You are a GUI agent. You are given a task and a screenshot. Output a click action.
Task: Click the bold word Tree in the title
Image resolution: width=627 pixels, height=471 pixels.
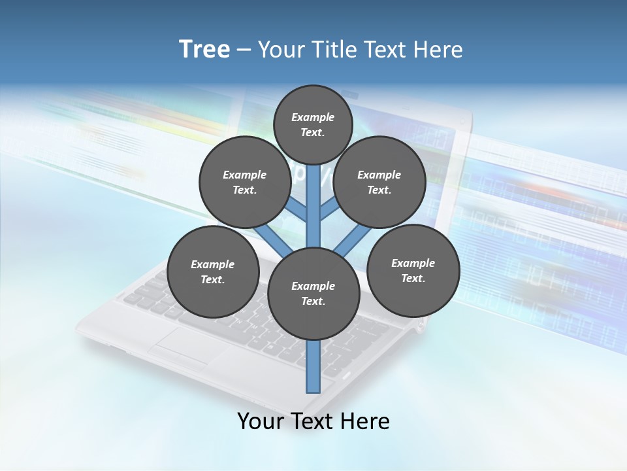(x=204, y=49)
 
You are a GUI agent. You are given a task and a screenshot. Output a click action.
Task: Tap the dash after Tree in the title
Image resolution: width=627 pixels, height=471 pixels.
(x=244, y=50)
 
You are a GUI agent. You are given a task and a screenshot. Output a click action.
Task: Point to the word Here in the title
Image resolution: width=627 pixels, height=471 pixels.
(x=440, y=49)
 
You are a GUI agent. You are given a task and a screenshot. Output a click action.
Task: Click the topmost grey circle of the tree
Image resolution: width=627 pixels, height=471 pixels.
(x=313, y=124)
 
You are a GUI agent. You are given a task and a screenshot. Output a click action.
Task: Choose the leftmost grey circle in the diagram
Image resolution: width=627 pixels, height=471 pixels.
(x=213, y=271)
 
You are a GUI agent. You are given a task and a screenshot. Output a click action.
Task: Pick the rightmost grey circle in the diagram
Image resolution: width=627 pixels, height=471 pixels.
(x=413, y=270)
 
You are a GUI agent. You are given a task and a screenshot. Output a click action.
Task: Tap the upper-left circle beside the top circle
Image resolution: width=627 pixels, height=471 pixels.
(x=244, y=182)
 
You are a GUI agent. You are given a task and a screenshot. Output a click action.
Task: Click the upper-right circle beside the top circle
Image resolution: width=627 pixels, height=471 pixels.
(x=379, y=182)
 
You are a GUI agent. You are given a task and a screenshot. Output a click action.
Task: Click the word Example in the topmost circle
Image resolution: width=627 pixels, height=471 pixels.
(x=313, y=117)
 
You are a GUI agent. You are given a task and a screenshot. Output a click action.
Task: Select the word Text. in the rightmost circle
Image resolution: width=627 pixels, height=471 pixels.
(x=413, y=278)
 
